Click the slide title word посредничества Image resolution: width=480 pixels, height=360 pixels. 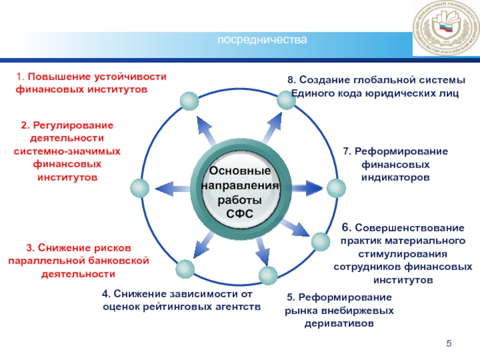click(x=262, y=40)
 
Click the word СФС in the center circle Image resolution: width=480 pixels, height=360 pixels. click(x=240, y=214)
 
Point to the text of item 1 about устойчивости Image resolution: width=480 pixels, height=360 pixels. click(x=90, y=83)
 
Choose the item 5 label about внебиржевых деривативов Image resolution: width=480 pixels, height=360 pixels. click(x=339, y=310)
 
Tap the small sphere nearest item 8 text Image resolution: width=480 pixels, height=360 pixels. click(x=286, y=100)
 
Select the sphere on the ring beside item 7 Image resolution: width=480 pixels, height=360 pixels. click(x=340, y=187)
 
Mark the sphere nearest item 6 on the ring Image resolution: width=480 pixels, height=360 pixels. click(x=320, y=242)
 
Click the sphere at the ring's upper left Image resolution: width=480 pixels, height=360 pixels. click(x=189, y=101)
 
